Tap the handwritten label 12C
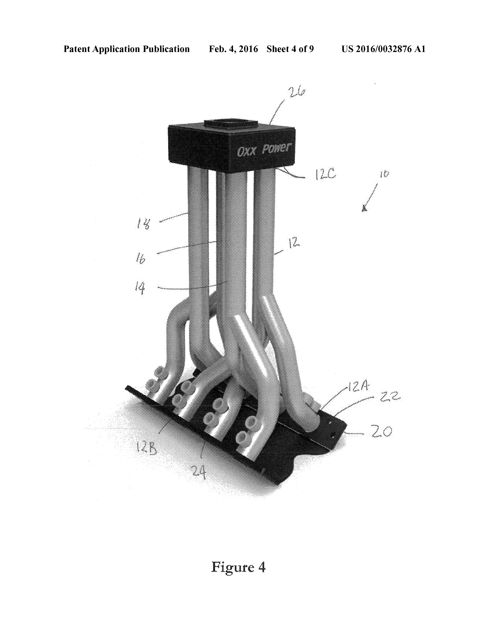[325, 175]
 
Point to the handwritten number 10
[384, 174]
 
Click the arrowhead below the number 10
[364, 209]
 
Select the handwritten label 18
[144, 224]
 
